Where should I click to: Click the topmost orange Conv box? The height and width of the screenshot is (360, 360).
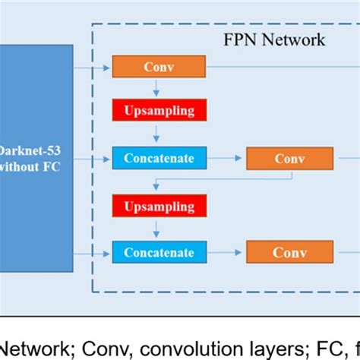(158, 67)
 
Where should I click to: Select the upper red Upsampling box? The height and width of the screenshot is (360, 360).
(158, 110)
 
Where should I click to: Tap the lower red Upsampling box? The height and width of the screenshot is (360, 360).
(158, 205)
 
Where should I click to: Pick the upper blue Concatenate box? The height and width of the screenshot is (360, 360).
(158, 159)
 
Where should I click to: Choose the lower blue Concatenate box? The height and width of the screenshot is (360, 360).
(158, 252)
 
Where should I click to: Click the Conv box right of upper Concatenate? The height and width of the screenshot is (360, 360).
(289, 159)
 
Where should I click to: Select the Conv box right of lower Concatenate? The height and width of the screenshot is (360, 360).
(289, 252)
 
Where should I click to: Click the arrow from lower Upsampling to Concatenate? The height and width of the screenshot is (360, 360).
(156, 228)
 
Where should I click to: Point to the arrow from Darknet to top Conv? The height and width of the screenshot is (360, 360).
(93, 67)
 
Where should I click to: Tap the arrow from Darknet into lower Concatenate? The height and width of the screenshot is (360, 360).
(93, 252)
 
